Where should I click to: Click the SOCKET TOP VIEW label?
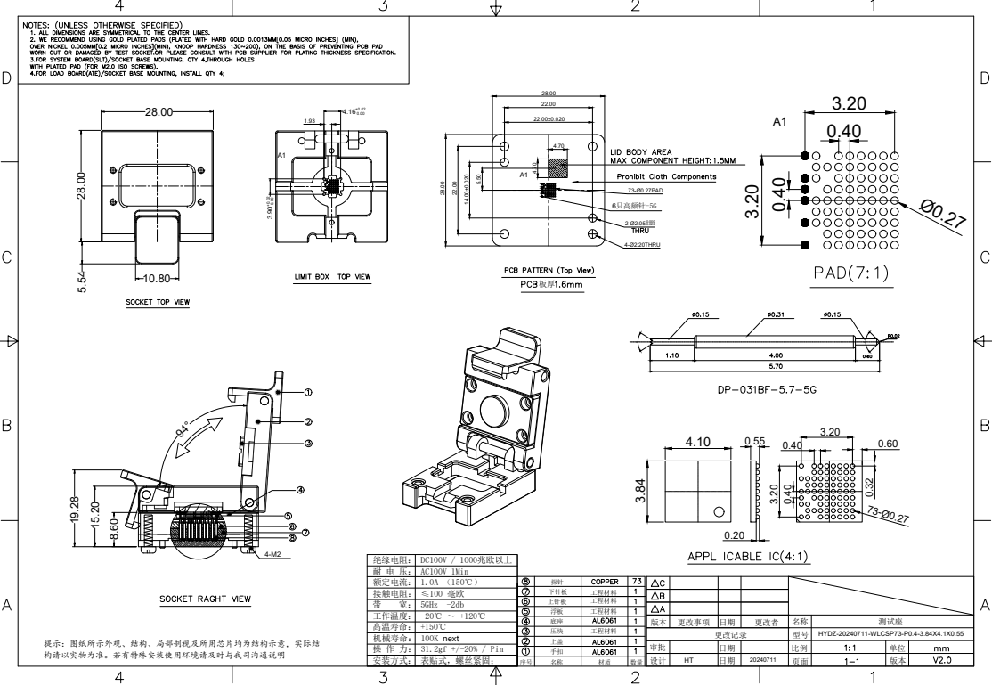(157, 302)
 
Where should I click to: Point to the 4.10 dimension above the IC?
(697, 441)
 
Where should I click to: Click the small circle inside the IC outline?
(718, 512)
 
